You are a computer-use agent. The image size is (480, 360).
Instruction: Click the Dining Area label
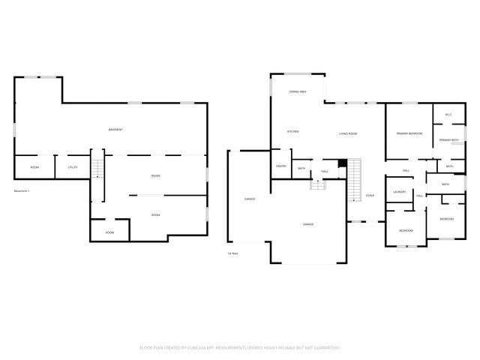tap(298, 91)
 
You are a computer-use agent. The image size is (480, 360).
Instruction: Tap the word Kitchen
tap(293, 132)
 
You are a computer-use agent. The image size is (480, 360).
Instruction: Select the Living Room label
tap(347, 133)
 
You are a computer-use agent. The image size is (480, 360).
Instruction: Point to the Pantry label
tap(281, 166)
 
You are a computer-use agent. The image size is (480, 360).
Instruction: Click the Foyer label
tap(370, 196)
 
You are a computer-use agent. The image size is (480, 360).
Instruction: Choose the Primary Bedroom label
tap(409, 133)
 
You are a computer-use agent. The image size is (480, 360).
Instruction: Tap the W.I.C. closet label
tap(448, 115)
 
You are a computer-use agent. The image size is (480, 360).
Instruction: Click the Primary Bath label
tap(448, 140)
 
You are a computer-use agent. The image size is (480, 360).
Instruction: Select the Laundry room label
tap(399, 193)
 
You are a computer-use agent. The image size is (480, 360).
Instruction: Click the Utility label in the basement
tap(73, 166)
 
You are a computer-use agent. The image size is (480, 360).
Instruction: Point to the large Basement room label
tap(115, 130)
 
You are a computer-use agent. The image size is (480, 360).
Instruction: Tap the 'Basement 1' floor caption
tap(23, 192)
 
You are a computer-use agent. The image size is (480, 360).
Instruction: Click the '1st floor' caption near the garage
tap(232, 253)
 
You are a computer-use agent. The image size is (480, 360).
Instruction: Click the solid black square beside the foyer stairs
tap(343, 163)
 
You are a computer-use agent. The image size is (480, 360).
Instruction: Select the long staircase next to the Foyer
tap(354, 180)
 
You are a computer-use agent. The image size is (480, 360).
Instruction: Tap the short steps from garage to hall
tap(319, 184)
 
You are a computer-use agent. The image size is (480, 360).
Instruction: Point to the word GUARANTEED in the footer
tap(325, 348)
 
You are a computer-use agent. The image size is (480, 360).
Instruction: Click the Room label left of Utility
tap(34, 166)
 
